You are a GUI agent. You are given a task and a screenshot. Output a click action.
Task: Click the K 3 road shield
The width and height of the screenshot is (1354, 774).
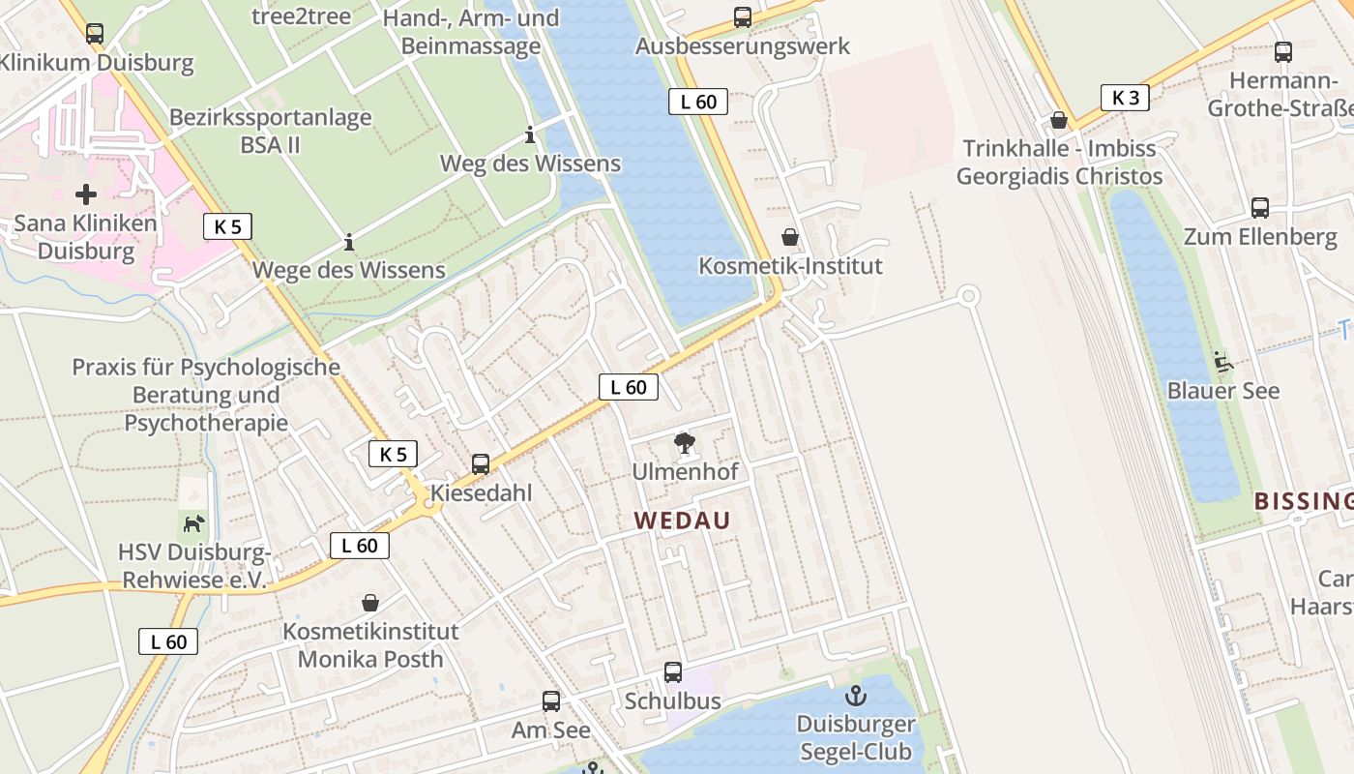click(x=1125, y=98)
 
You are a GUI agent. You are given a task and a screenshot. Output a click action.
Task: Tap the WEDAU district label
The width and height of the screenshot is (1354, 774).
click(x=682, y=521)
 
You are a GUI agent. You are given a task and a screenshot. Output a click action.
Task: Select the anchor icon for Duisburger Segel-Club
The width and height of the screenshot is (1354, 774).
click(x=855, y=696)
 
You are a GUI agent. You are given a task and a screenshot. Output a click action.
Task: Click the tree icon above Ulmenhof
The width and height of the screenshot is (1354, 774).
click(x=685, y=444)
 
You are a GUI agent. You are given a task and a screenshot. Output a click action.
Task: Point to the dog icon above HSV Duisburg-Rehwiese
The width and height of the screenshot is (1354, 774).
click(x=194, y=523)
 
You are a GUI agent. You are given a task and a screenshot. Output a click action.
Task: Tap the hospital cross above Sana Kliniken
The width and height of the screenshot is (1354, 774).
click(x=86, y=194)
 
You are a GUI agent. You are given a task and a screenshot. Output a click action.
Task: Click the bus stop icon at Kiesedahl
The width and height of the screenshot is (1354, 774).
click(x=481, y=464)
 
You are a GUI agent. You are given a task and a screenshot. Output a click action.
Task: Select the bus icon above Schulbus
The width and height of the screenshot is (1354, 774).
click(x=672, y=671)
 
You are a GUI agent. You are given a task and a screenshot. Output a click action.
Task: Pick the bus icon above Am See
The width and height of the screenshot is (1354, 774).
click(x=551, y=701)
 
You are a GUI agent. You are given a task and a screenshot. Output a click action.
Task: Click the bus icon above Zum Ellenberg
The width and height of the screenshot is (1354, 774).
click(x=1260, y=207)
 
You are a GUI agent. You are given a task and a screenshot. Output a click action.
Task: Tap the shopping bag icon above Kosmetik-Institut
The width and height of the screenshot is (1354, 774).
click(x=790, y=237)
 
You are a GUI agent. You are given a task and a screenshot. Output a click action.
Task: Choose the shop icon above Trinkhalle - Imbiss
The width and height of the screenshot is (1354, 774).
click(x=1059, y=120)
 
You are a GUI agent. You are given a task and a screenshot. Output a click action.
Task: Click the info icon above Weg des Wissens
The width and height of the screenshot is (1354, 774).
click(x=530, y=134)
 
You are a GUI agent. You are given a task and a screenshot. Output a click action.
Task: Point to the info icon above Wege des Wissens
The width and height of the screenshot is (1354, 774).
click(x=349, y=242)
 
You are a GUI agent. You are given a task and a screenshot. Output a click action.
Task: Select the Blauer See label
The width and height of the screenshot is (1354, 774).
click(x=1223, y=391)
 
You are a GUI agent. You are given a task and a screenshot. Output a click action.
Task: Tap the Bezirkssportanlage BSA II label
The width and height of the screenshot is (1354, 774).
click(x=270, y=132)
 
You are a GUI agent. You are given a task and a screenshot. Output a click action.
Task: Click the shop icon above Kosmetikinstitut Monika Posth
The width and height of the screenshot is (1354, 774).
click(x=369, y=603)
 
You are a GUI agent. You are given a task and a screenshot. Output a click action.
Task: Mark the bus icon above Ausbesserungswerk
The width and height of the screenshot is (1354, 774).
click(x=742, y=16)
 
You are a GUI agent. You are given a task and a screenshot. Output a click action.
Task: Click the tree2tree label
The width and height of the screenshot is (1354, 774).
click(x=301, y=15)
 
